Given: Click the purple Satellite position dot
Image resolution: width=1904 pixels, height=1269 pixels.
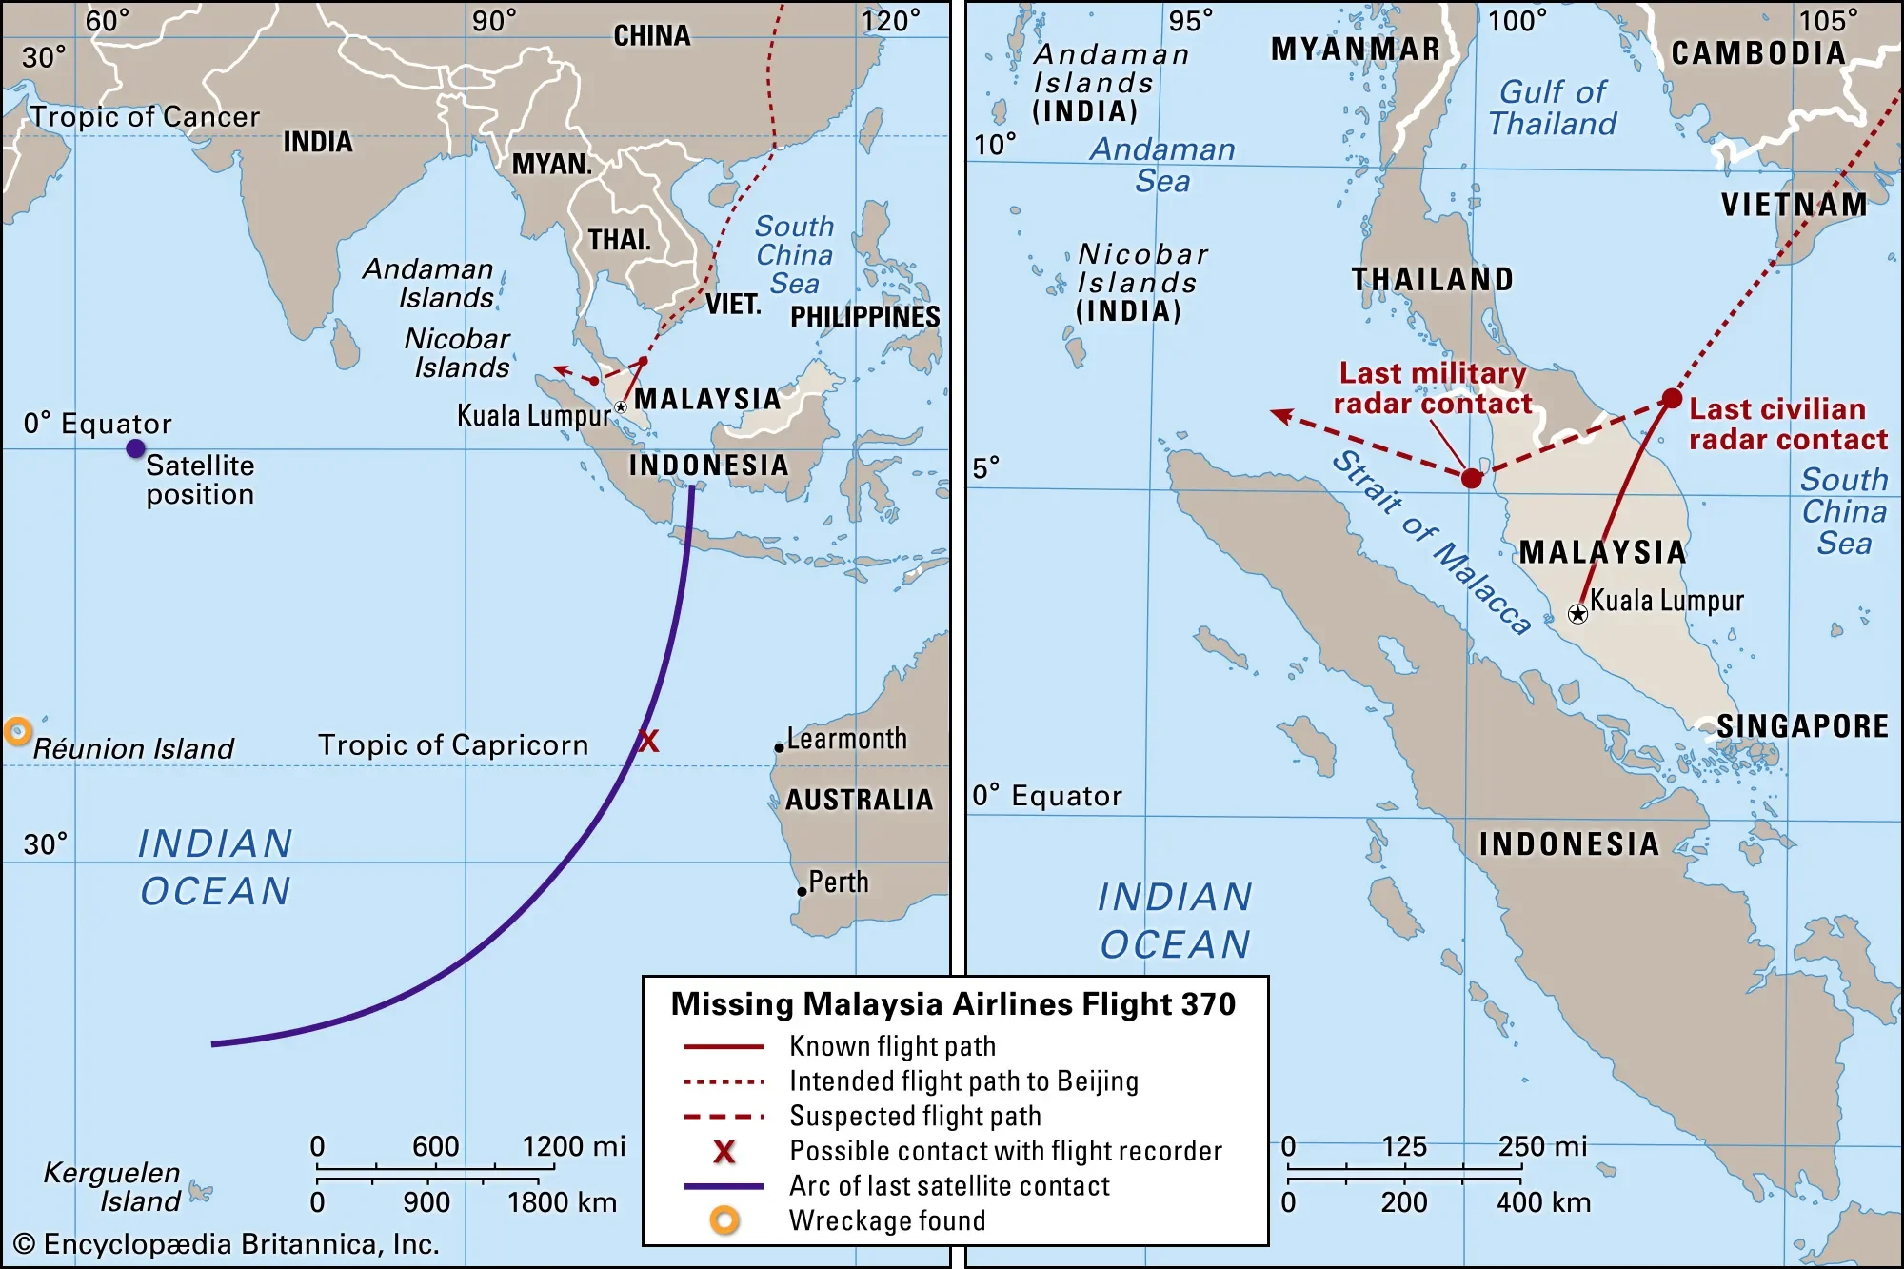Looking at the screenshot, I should point(136,448).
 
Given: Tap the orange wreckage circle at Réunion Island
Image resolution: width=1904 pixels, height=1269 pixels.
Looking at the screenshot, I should point(17,731).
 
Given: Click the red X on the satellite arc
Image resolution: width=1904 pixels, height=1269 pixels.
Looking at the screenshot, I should point(648,741).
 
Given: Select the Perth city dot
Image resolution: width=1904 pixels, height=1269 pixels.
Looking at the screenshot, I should point(803,892).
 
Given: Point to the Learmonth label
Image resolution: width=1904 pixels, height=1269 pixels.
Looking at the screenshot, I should point(846,739).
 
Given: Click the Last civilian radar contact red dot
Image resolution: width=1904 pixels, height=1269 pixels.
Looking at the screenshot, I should point(1672,398).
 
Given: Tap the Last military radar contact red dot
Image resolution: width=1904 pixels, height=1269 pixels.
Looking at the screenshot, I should point(1472,478).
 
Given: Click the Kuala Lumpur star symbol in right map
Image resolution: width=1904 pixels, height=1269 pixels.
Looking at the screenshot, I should point(1577,614).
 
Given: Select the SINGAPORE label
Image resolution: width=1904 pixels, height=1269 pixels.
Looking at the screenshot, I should point(1802,726).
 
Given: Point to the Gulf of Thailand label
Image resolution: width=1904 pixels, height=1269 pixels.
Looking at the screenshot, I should point(1553,108).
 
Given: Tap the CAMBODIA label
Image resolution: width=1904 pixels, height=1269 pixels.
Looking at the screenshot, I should point(1758,53).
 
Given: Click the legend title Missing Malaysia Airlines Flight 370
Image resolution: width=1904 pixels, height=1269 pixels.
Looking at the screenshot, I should point(953,1004).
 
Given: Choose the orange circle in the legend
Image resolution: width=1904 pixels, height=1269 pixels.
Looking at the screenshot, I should point(724,1220).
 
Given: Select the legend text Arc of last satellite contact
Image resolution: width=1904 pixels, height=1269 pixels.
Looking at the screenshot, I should point(949,1186).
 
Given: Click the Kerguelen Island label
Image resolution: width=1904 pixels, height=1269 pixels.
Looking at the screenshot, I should point(112,1186).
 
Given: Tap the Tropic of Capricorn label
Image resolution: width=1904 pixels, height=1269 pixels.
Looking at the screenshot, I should point(453,744).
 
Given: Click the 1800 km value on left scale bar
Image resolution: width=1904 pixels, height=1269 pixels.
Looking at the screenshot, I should point(562,1202).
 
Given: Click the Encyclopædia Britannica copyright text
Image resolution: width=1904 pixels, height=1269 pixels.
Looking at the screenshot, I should point(227,1244).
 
